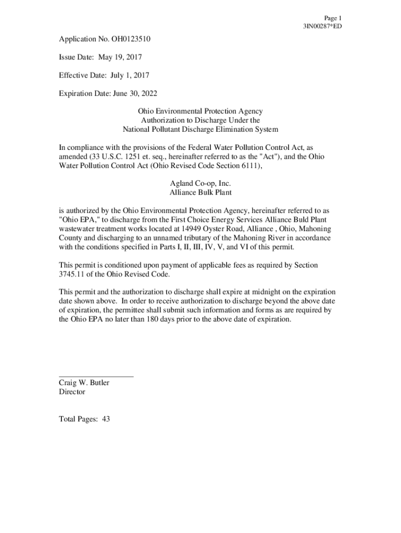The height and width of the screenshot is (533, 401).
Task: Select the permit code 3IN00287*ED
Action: click(x=322, y=26)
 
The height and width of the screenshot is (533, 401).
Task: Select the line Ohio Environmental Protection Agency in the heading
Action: click(x=200, y=111)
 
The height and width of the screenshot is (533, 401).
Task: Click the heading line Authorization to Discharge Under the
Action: click(x=200, y=120)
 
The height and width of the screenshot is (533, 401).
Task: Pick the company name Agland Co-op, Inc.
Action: click(x=200, y=184)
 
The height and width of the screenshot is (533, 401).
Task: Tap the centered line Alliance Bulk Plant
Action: click(x=200, y=193)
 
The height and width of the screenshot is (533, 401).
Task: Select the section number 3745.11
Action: click(x=72, y=274)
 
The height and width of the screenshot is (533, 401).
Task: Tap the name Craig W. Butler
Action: click(x=84, y=383)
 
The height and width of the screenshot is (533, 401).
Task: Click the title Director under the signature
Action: click(x=72, y=392)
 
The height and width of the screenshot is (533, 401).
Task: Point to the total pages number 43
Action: click(x=106, y=419)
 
